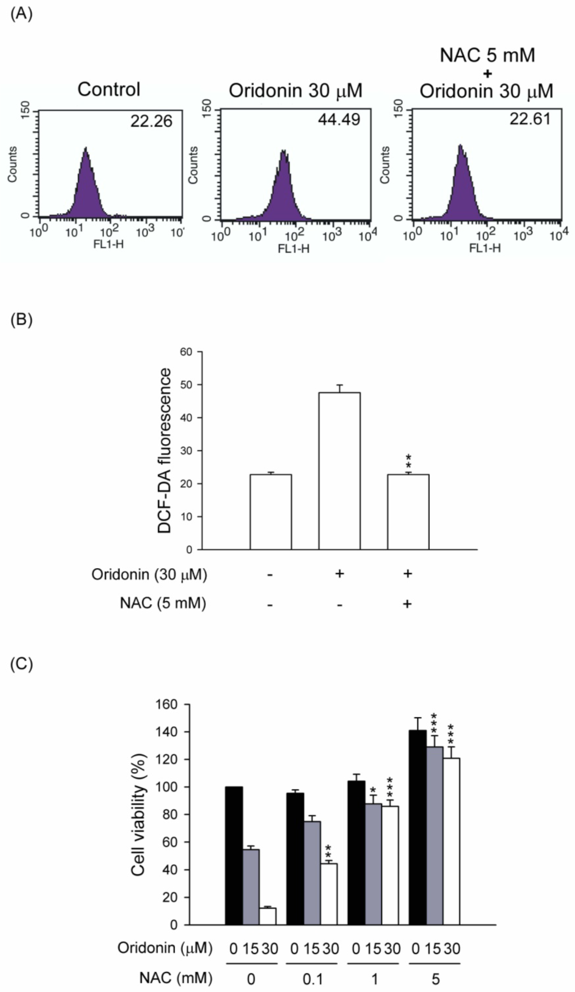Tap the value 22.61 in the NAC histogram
(530, 119)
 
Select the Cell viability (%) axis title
(138, 815)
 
